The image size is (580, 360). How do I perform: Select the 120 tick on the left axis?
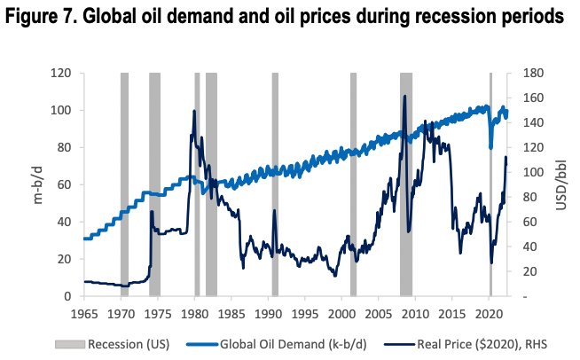pos(60,73)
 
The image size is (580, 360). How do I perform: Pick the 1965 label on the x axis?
pos(83,313)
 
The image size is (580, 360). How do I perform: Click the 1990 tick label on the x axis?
pos(268,313)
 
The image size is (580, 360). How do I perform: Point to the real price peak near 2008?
pos(405,97)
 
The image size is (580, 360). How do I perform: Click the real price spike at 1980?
pos(194,112)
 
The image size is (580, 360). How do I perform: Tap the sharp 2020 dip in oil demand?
pos(490,147)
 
